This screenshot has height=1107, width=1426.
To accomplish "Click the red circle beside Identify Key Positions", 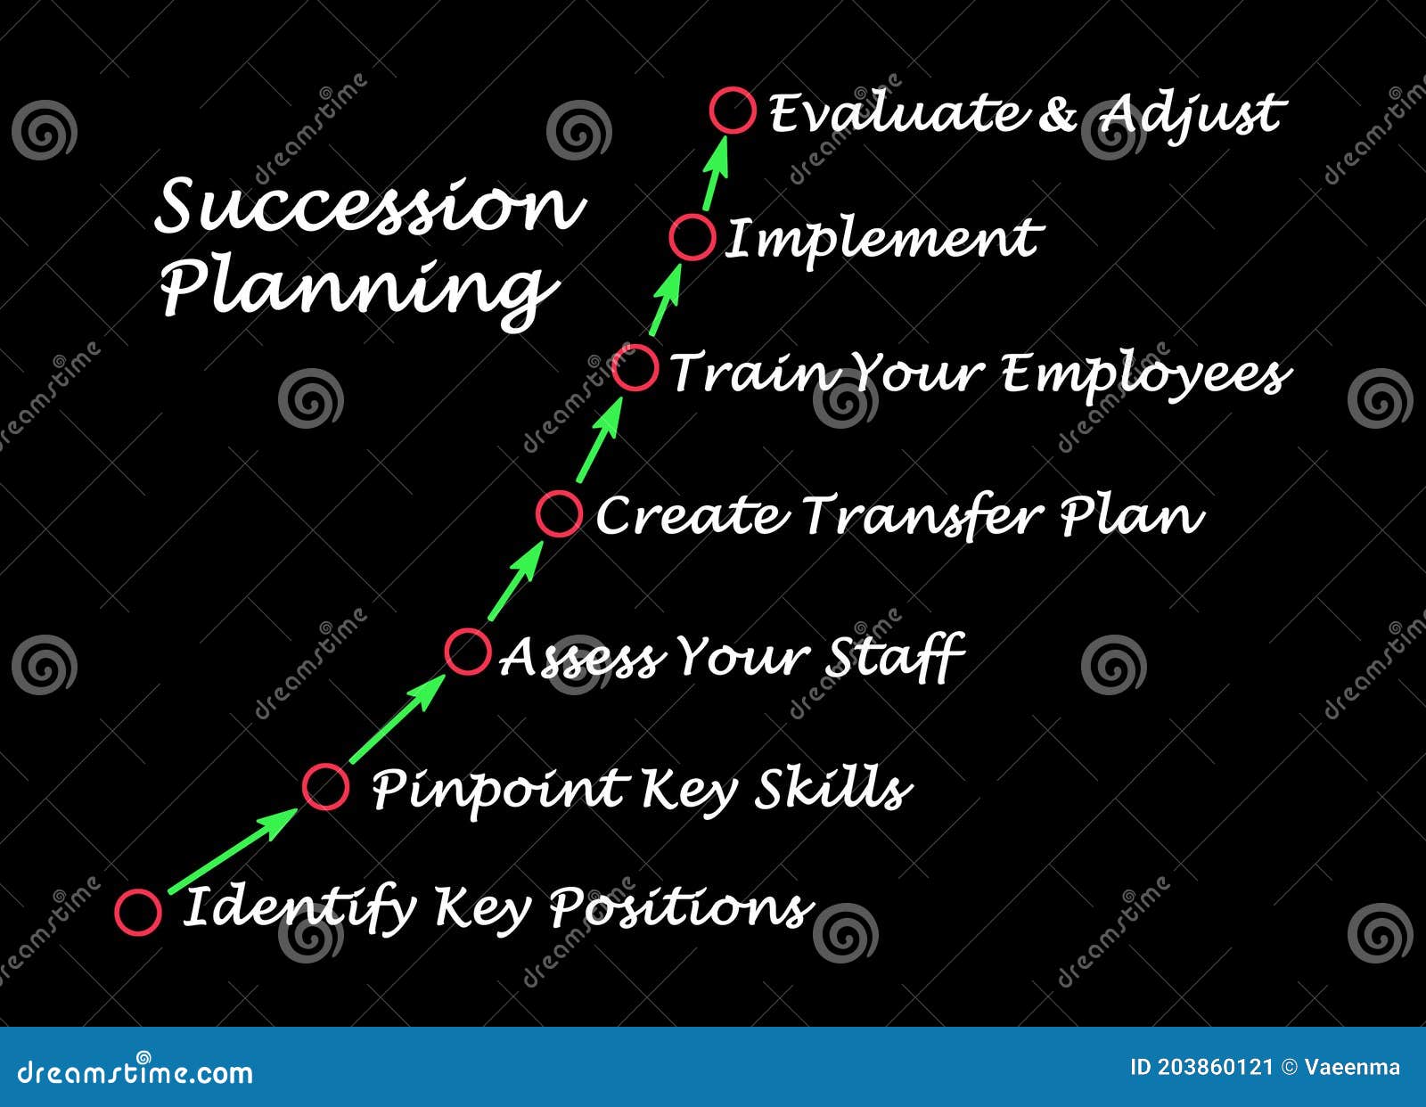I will tap(138, 912).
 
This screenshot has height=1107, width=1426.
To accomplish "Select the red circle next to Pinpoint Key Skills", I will tap(325, 786).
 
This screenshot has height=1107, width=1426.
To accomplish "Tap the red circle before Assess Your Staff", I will tap(467, 651).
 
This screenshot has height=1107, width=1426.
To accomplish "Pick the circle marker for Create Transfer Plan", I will tap(559, 513).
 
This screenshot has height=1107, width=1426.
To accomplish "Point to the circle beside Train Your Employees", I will tap(635, 368).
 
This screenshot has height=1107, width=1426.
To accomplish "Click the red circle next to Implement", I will tap(693, 238).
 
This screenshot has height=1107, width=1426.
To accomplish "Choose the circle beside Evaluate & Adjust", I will tap(733, 111).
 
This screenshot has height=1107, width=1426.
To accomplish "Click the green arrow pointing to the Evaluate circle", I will tap(716, 174).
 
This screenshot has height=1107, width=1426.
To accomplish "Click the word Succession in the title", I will tap(369, 206).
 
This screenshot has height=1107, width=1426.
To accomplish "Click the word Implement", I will tap(881, 239).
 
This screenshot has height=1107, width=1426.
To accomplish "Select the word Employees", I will tap(1144, 373).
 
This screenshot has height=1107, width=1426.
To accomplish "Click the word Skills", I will tap(833, 789).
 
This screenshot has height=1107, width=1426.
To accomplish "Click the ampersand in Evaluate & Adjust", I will tap(1057, 113).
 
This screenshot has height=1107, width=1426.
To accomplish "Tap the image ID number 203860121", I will tap(1216, 1067).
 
